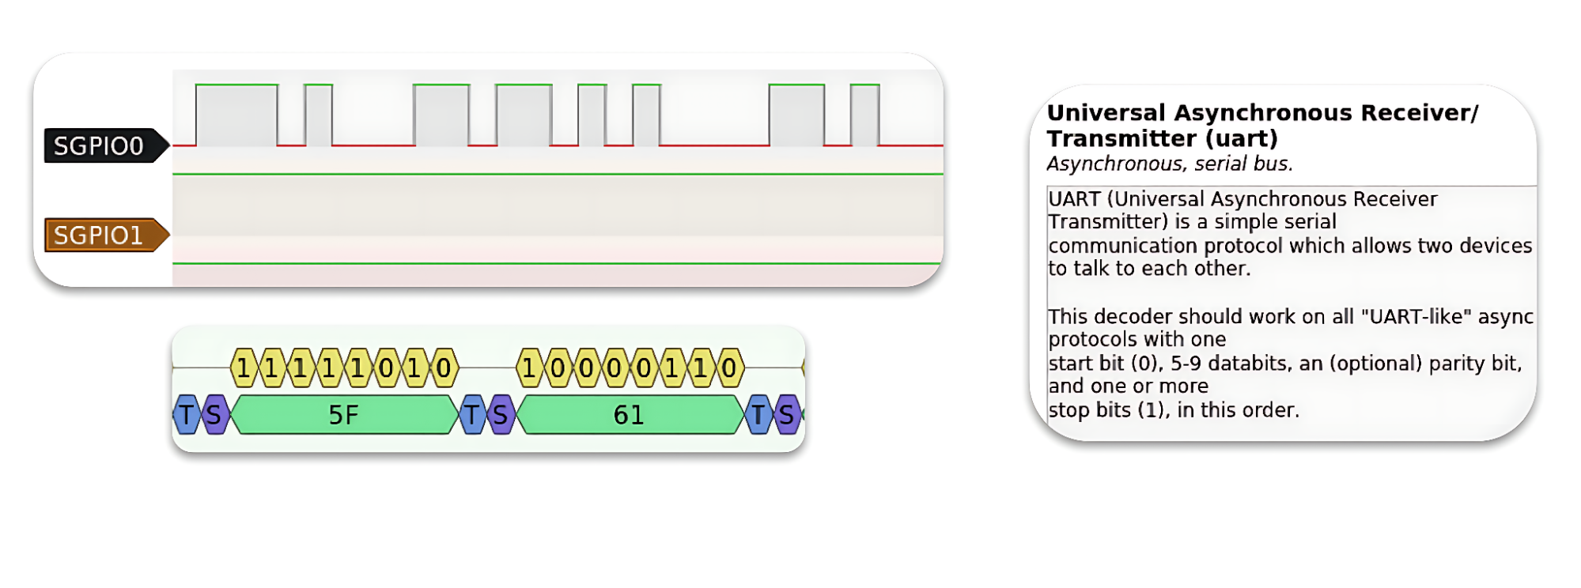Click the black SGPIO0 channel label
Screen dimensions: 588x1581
[99, 146]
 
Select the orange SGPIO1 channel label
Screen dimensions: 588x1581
[99, 236]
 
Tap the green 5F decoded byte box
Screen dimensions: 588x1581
[344, 415]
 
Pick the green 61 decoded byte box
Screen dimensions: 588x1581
[629, 415]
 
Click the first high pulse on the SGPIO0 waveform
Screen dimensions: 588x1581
[236, 115]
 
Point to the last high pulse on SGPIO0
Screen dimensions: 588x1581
[864, 115]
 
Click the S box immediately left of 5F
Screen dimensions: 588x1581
[214, 415]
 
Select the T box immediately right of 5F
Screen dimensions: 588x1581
[472, 415]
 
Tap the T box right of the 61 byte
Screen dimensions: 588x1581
[758, 415]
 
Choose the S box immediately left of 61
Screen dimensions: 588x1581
[500, 415]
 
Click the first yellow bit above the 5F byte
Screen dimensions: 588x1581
[243, 368]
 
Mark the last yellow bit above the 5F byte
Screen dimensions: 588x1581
[444, 368]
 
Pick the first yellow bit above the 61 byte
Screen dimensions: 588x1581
[529, 368]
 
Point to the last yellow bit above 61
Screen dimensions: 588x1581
[729, 368]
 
